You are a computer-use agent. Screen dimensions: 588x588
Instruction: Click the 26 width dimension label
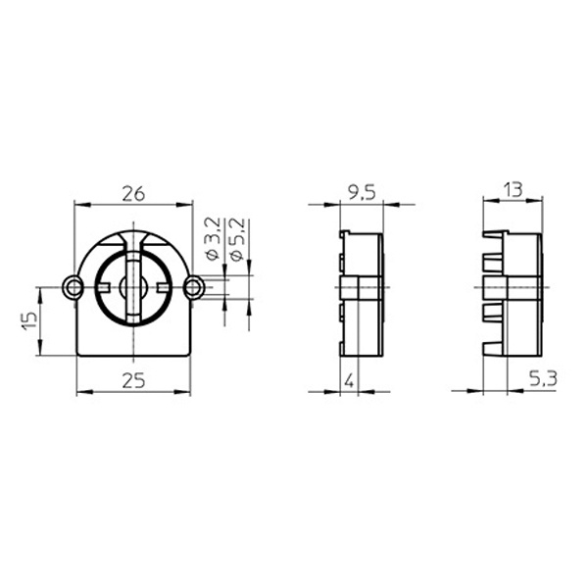(133, 194)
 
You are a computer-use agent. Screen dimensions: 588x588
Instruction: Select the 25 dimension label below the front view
(133, 380)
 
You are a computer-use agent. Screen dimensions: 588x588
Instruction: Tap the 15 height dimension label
(29, 320)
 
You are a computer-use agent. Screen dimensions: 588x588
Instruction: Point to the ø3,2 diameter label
(213, 239)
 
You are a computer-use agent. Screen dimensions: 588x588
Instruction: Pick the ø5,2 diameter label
(237, 239)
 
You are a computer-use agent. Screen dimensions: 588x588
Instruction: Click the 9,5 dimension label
(362, 193)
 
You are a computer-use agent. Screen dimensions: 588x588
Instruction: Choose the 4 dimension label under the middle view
(349, 381)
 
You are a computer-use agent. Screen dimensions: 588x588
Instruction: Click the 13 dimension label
(513, 190)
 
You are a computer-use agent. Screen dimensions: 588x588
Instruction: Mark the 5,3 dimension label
(543, 378)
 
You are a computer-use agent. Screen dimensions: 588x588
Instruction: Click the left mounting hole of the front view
(74, 287)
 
